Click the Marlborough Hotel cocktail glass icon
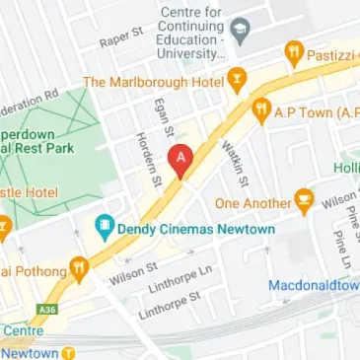point(236,79)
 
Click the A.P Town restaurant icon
point(261,109)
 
